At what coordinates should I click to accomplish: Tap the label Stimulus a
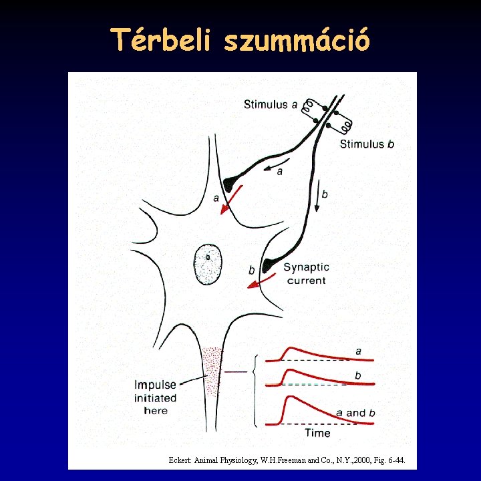click(x=271, y=104)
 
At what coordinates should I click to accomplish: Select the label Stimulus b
click(x=367, y=144)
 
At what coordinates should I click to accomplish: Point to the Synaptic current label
click(x=306, y=274)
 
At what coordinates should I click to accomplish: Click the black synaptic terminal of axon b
click(x=269, y=265)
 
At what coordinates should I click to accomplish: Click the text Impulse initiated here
click(x=156, y=397)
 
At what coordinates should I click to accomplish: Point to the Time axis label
click(x=317, y=433)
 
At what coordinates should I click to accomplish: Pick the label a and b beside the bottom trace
click(x=355, y=413)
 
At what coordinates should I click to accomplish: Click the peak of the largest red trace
click(x=289, y=397)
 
